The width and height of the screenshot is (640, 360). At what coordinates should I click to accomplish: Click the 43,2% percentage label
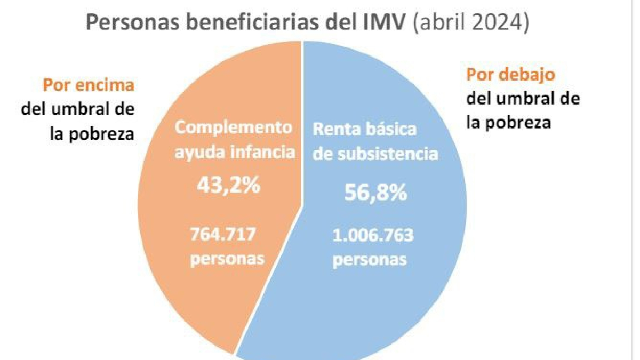pyautogui.click(x=228, y=185)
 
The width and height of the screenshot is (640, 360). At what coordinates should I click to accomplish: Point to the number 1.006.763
pyautogui.click(x=372, y=235)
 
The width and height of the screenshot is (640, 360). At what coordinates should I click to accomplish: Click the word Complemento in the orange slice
pyautogui.click(x=234, y=128)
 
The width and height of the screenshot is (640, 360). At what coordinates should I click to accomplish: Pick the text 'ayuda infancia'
pyautogui.click(x=235, y=152)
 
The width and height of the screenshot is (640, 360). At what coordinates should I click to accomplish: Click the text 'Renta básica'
pyautogui.click(x=364, y=130)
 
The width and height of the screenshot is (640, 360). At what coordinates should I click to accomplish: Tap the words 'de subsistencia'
pyautogui.click(x=375, y=154)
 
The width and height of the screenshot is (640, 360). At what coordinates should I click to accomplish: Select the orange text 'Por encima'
pyautogui.click(x=89, y=85)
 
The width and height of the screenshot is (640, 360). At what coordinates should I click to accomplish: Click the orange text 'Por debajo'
pyautogui.click(x=511, y=74)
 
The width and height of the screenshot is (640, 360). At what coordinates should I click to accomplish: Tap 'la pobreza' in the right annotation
pyautogui.click(x=508, y=123)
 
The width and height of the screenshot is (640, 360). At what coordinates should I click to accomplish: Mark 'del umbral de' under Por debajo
pyautogui.click(x=523, y=99)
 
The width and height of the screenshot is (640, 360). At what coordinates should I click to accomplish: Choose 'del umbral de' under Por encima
pyautogui.click(x=78, y=109)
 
